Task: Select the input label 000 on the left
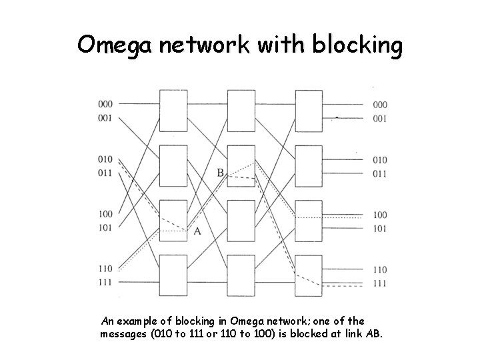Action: [x=105, y=105]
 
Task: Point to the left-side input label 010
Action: [x=105, y=160]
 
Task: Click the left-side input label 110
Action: [x=105, y=269]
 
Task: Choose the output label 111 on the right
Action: [x=380, y=284]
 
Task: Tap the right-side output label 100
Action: [x=380, y=215]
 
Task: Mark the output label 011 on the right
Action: [x=380, y=174]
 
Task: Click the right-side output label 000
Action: [x=380, y=105]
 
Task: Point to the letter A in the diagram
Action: [x=197, y=231]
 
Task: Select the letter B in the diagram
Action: [x=220, y=173]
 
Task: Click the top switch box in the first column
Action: [x=172, y=111]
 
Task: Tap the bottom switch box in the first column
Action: [x=172, y=275]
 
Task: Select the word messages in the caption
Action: [x=126, y=333]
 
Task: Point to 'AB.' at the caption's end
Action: [x=374, y=333]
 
